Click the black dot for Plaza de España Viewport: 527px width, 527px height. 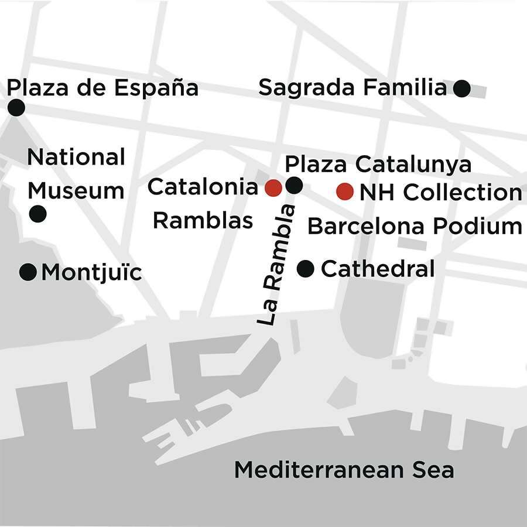tap(16, 107)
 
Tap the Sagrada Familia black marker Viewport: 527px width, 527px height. tap(463, 88)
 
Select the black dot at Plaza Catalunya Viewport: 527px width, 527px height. tap(294, 186)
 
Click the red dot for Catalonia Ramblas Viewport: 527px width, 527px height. tap(273, 188)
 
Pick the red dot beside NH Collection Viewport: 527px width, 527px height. tap(345, 191)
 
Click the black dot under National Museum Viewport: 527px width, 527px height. tap(38, 214)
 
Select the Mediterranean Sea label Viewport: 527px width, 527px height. tap(344, 470)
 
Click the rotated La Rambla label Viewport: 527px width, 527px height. tap(275, 265)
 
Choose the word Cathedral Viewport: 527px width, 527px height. tap(378, 269)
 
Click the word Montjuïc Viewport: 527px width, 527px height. tap(91, 273)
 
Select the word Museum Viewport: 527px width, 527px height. tap(76, 191)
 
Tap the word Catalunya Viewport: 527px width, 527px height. tap(413, 165)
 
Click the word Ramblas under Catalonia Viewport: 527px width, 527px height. tap(203, 221)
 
